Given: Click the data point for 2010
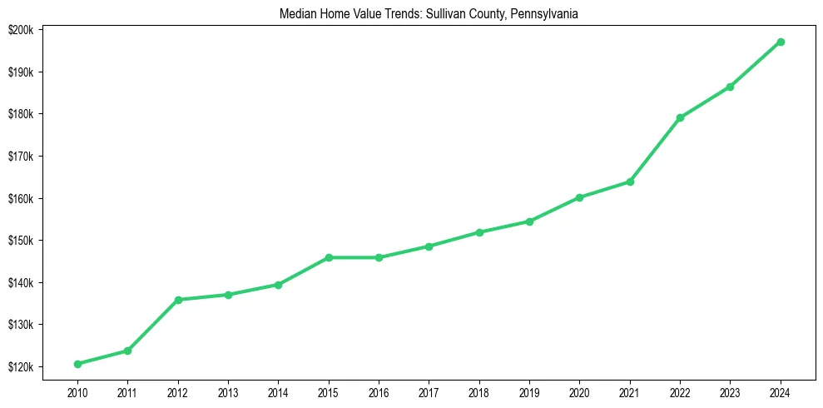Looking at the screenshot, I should click(x=77, y=364).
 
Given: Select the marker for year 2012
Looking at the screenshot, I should click(x=178, y=300).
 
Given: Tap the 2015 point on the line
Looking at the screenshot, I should click(x=329, y=257).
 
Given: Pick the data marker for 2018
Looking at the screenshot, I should click(x=479, y=232).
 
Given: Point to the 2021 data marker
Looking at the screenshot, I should click(x=630, y=182).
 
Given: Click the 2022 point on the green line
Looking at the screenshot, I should click(x=680, y=117).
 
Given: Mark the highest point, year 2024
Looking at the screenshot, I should click(x=781, y=42).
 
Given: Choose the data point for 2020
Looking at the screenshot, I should click(x=579, y=197).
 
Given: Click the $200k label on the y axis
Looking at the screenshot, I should click(x=20, y=30).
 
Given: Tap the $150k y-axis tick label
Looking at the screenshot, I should click(x=20, y=241).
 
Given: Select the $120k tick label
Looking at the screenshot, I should click(x=20, y=367).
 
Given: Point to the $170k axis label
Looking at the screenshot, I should click(x=20, y=157).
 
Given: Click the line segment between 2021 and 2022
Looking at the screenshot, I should click(x=655, y=150).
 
